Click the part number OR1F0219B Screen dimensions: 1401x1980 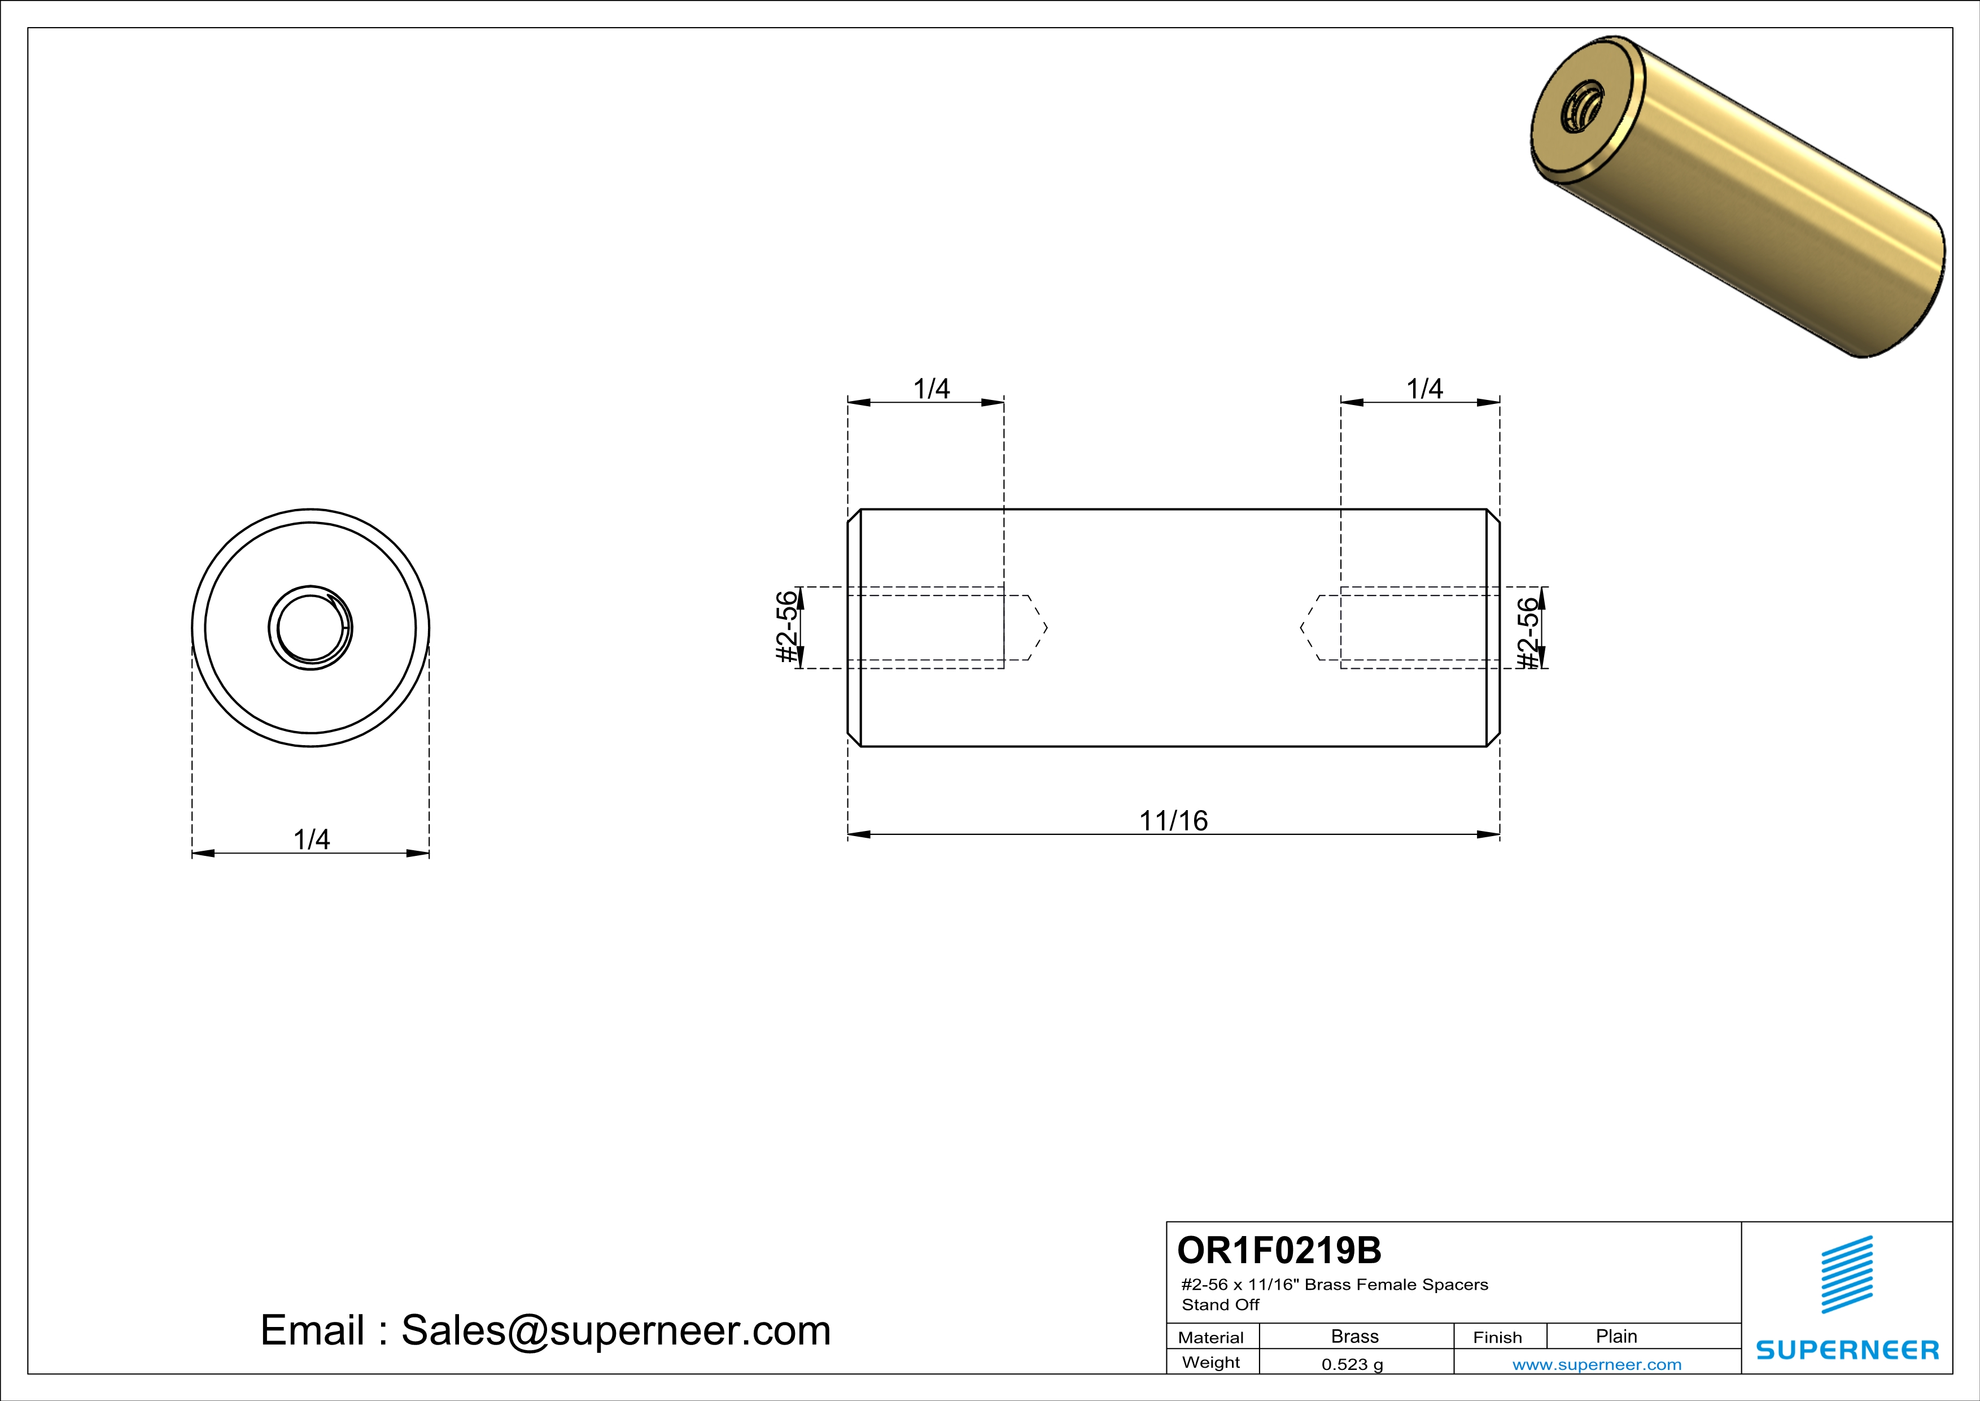(x=1279, y=1250)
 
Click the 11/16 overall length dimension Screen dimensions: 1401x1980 (x=1174, y=820)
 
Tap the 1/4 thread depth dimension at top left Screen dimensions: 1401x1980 (x=932, y=389)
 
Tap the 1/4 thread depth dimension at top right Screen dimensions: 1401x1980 (x=1424, y=389)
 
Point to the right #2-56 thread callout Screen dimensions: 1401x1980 (x=1528, y=632)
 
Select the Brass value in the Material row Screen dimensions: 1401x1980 (x=1355, y=1336)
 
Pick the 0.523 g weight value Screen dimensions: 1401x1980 (x=1352, y=1364)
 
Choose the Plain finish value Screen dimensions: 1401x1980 (x=1616, y=1336)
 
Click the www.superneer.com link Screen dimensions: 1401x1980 (x=1596, y=1364)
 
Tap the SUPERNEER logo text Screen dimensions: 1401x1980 (x=1847, y=1350)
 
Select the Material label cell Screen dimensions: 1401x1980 (x=1211, y=1337)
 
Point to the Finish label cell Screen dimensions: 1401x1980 (x=1497, y=1337)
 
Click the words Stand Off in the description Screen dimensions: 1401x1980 (x=1220, y=1304)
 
